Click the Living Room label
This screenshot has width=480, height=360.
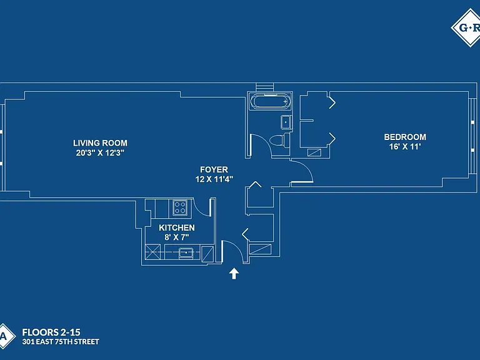tap(100, 143)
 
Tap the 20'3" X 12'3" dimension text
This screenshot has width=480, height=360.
tap(100, 152)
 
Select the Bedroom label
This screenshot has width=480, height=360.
tap(405, 137)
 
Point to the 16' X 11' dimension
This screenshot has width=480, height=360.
tap(405, 147)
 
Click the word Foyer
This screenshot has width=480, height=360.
tap(214, 169)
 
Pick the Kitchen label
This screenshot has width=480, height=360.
tap(177, 227)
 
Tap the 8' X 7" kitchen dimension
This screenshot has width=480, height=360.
tap(177, 237)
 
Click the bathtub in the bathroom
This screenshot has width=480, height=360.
tap(269, 101)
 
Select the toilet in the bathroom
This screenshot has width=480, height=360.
tap(279, 141)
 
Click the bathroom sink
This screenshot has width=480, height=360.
tap(286, 122)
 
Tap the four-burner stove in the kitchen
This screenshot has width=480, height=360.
tap(180, 207)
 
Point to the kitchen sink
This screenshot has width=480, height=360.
tap(186, 252)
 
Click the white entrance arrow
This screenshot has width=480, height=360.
tap(234, 273)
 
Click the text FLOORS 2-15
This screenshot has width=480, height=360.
tap(51, 332)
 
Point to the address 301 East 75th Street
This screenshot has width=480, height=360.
tap(61, 342)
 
